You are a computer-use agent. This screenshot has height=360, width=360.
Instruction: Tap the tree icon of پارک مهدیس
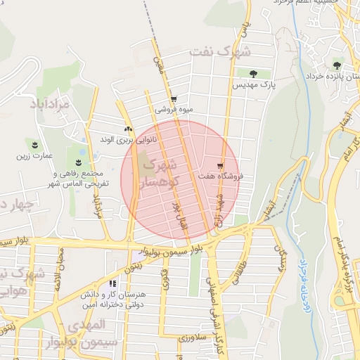click(x=253, y=73)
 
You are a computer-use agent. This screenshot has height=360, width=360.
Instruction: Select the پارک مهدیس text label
click(x=252, y=84)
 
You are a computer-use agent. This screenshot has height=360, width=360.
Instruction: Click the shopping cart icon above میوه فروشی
click(x=174, y=99)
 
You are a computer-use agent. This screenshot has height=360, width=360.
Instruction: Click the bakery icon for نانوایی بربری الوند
click(x=128, y=129)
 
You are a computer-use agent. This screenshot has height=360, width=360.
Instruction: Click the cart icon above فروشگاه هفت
click(x=221, y=165)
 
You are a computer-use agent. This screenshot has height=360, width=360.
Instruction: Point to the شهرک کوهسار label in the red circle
click(x=159, y=174)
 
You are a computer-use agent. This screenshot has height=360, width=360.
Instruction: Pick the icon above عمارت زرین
click(x=31, y=145)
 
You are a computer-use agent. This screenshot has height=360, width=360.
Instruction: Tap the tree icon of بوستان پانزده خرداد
click(x=337, y=65)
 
